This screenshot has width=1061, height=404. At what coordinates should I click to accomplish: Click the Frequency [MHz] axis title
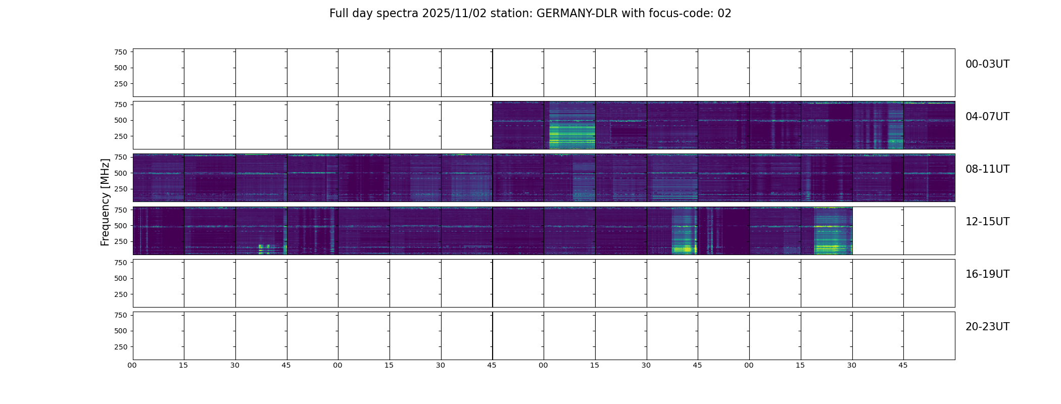pyautogui.click(x=105, y=202)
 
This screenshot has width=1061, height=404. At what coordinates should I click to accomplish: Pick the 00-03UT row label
pyautogui.click(x=987, y=64)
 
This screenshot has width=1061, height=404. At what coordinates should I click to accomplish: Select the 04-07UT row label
pyautogui.click(x=987, y=117)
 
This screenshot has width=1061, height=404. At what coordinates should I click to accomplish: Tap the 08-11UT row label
pyautogui.click(x=987, y=169)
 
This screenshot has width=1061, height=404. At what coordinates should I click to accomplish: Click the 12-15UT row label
pyautogui.click(x=987, y=222)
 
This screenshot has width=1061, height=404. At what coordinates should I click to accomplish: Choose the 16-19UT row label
pyautogui.click(x=987, y=274)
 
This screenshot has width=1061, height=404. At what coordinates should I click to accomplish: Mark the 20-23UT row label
pyautogui.click(x=987, y=327)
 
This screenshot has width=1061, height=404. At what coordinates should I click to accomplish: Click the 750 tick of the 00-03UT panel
pyautogui.click(x=121, y=52)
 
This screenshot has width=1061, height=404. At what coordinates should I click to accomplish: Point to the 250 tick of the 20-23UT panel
pyautogui.click(x=121, y=347)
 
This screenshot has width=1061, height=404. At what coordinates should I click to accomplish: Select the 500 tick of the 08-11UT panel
pyautogui.click(x=121, y=173)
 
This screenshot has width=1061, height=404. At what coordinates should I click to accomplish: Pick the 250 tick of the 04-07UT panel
pyautogui.click(x=121, y=136)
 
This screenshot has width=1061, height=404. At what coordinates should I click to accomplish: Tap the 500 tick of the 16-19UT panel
pyautogui.click(x=121, y=278)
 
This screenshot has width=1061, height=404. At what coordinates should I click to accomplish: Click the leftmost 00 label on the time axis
pyautogui.click(x=132, y=365)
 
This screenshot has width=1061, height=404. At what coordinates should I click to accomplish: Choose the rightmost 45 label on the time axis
pyautogui.click(x=903, y=365)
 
